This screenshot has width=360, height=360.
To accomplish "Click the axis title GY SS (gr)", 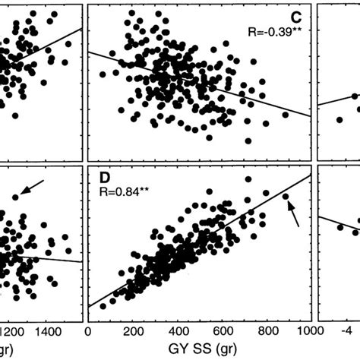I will (199, 352).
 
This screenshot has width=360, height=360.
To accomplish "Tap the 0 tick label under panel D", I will (89, 332).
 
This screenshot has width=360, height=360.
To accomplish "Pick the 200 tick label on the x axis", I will (134, 332).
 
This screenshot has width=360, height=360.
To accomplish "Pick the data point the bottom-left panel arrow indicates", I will (16, 197).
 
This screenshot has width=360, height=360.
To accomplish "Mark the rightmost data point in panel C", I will (286, 115).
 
